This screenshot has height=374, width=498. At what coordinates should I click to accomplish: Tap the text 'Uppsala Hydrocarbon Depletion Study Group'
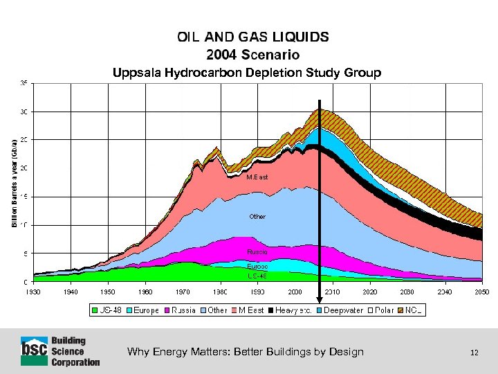pos(242,73)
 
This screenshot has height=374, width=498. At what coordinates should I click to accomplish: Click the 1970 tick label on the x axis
pos(183,292)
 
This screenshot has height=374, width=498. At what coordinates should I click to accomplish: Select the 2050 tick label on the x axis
pos(481,292)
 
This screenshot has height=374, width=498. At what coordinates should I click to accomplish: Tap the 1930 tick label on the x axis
pos(33,292)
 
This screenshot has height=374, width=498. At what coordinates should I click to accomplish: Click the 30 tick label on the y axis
pos(24,112)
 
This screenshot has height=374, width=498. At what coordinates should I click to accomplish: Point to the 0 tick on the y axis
pos(26,282)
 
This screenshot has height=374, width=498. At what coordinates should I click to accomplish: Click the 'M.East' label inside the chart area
pos(257,177)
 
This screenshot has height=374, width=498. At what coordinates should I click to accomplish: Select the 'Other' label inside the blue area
pos(257,217)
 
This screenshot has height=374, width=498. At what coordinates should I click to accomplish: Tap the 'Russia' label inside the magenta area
pos(257,251)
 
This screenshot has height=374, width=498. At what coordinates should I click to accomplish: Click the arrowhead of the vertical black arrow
pos(320,299)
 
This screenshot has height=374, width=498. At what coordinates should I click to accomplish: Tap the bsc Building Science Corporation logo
pos(60,351)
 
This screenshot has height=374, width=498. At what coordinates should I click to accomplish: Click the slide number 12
pos(474,353)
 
